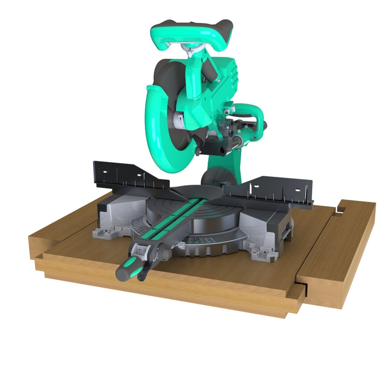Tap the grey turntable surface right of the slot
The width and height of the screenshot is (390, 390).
point(216,216)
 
